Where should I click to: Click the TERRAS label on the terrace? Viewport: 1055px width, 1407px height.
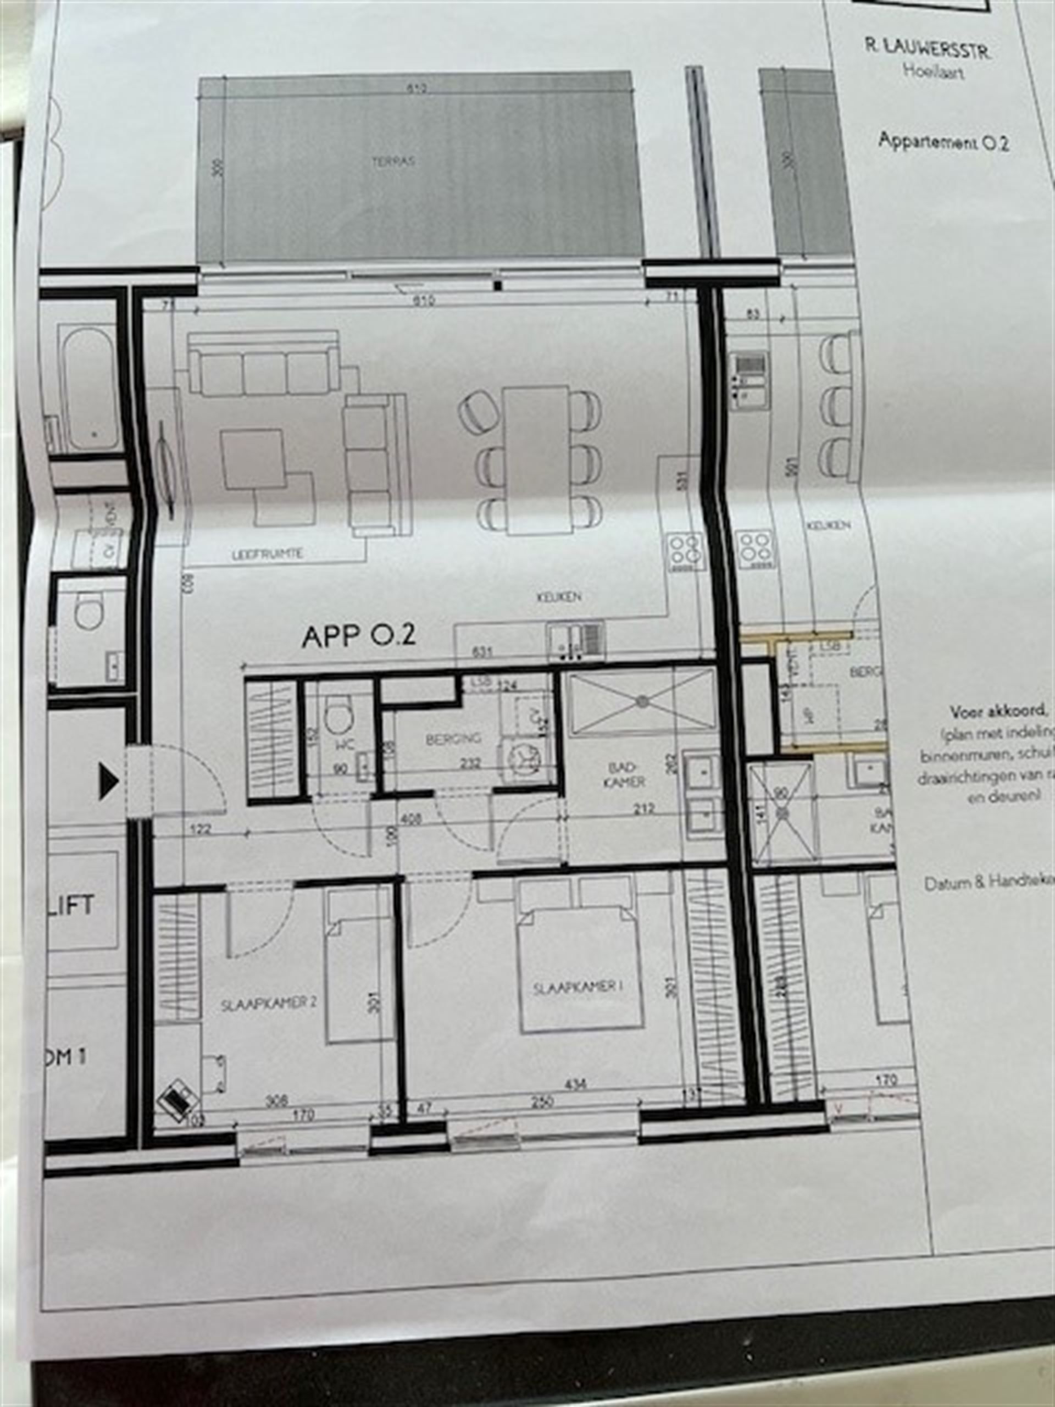click(x=393, y=161)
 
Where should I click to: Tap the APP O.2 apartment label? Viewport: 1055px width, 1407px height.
click(x=359, y=635)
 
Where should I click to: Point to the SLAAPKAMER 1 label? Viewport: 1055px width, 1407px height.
click(x=578, y=987)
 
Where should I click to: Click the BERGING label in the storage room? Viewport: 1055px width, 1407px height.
click(x=453, y=739)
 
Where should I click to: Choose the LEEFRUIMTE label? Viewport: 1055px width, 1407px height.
click(x=267, y=554)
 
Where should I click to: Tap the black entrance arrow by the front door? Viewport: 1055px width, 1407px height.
click(x=108, y=782)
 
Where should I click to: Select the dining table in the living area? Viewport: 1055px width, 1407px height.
click(x=537, y=459)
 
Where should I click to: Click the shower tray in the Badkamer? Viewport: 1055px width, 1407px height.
click(x=642, y=702)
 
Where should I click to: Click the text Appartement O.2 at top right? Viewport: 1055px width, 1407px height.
click(x=943, y=141)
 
